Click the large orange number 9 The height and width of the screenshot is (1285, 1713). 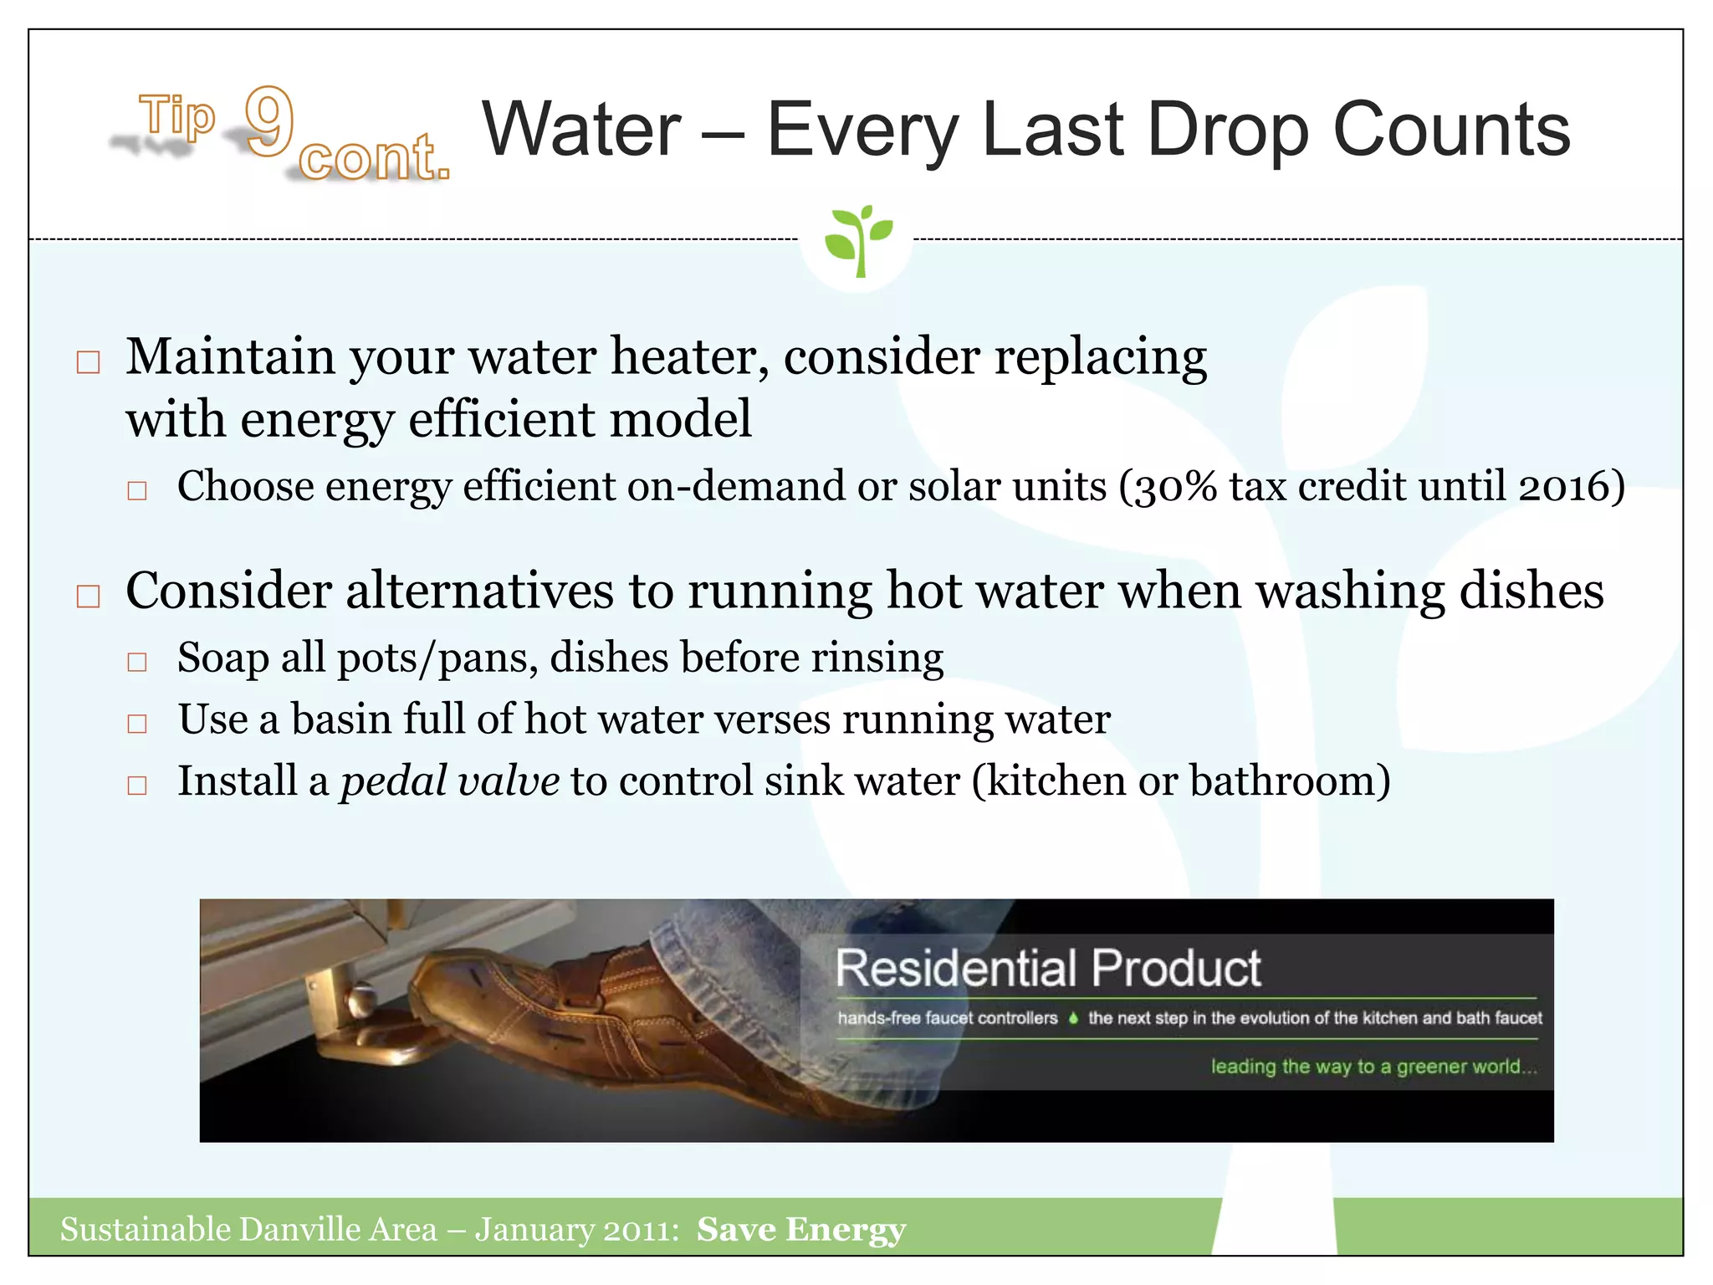coord(269,121)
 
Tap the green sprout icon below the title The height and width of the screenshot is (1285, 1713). coord(858,240)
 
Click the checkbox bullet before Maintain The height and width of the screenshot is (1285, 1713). coord(88,362)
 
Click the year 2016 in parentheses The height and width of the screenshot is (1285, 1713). coord(1564,487)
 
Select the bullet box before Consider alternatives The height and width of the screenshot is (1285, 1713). coord(88,596)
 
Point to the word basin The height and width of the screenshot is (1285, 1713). coord(340,719)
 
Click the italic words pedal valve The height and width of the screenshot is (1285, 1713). coord(450,781)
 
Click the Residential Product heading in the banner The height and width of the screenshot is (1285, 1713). coord(1047,969)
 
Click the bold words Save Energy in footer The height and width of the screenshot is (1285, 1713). coord(800,1230)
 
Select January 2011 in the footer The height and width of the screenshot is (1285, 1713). coord(575,1230)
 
